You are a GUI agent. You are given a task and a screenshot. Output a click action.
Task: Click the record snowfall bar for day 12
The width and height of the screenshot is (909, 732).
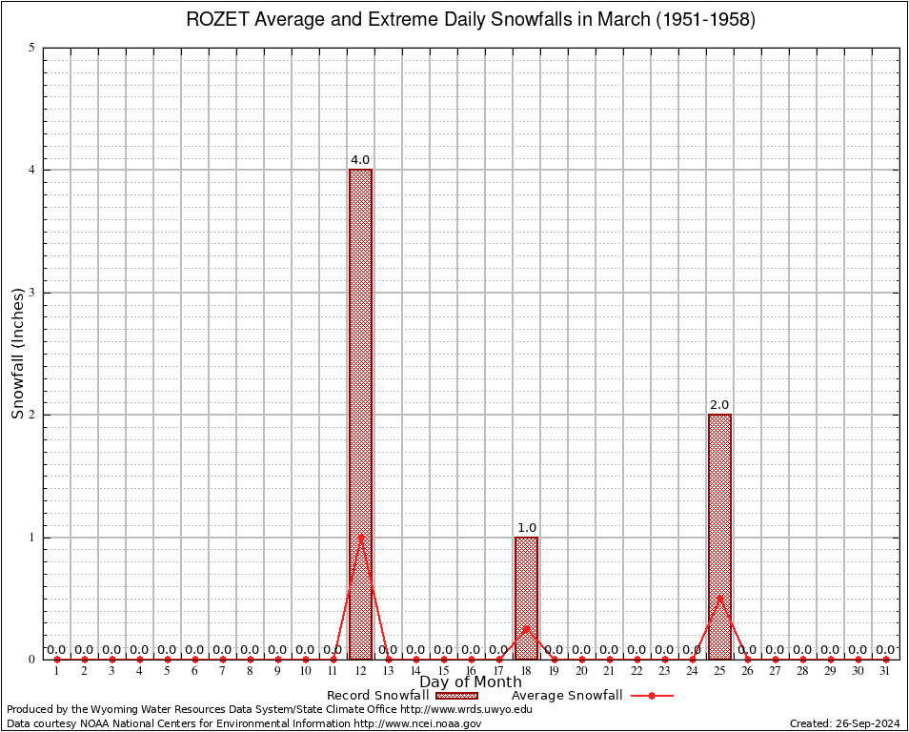[360, 415]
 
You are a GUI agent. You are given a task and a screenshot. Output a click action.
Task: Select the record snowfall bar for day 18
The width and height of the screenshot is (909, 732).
[526, 598]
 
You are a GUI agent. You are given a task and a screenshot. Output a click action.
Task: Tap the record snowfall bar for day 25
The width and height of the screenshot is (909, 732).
[719, 537]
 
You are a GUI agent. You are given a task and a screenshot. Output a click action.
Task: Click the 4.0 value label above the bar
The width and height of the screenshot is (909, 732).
[360, 160]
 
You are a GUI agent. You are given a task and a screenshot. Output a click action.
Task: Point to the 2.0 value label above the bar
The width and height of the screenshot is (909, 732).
[719, 405]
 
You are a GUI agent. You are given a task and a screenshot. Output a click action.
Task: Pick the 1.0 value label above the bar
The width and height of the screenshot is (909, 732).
[527, 528]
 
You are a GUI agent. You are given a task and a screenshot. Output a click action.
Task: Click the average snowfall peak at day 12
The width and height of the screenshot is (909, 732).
[360, 537]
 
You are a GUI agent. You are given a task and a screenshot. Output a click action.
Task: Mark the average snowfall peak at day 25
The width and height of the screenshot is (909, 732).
[719, 598]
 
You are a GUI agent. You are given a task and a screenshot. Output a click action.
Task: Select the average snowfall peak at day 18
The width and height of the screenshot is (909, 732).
[526, 628]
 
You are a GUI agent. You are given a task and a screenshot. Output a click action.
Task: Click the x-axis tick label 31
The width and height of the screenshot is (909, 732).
[885, 672]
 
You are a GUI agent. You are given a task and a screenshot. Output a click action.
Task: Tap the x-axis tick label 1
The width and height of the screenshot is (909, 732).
[57, 672]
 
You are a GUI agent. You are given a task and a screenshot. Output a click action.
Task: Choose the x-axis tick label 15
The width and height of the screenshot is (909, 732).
[443, 672]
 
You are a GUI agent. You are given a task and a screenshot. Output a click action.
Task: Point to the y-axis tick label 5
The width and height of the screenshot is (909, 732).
[32, 48]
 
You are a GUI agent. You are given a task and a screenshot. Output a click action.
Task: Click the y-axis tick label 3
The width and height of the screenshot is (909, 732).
[32, 293]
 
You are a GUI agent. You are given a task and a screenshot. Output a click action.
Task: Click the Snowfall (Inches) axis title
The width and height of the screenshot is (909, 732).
[18, 354]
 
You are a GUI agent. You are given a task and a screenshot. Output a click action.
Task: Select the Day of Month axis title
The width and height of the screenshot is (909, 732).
[471, 682]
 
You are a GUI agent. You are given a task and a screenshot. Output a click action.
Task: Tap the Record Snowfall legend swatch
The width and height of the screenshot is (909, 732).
[457, 696]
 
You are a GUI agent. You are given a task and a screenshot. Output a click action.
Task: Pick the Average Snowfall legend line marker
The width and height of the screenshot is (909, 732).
[651, 696]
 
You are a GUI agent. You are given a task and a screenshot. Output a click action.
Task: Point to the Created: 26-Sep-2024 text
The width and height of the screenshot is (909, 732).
[844, 723]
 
